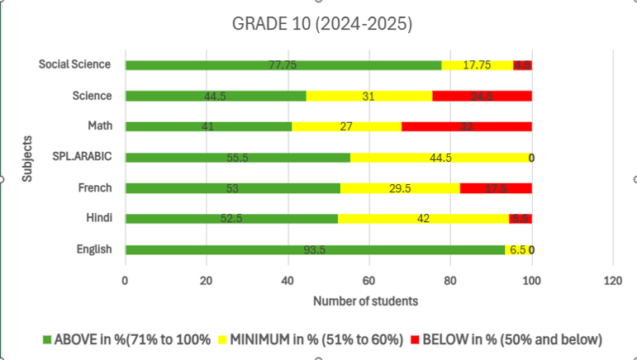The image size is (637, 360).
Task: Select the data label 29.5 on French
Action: click(401, 188)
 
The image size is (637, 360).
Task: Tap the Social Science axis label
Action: click(75, 64)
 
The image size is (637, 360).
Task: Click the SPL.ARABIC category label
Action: click(82, 157)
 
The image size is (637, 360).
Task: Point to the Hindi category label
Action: click(97, 219)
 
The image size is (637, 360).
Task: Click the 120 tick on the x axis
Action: click(613, 280)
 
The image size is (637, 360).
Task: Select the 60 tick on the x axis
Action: click(369, 280)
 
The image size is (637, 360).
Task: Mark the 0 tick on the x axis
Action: click(125, 280)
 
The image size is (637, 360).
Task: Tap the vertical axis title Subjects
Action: click(29, 157)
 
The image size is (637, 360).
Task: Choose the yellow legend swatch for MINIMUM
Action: click(223, 339)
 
